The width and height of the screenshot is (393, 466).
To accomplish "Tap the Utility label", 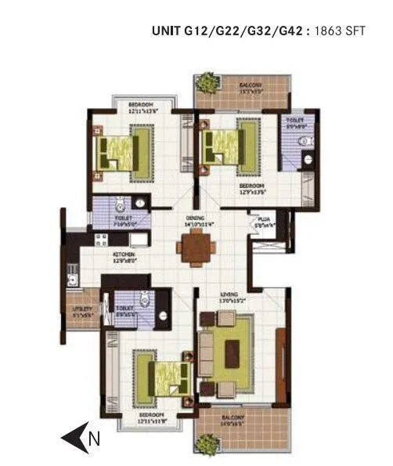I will (x=83, y=309).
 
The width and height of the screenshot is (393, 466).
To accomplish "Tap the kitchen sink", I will (x=72, y=274).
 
